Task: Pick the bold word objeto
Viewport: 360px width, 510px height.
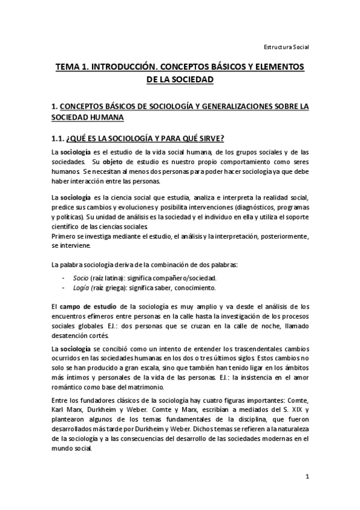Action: (112, 162)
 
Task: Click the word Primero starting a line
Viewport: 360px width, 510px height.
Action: (65, 236)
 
